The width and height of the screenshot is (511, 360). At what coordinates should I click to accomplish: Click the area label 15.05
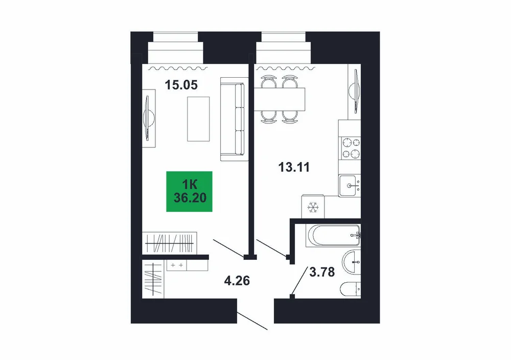pos(181,85)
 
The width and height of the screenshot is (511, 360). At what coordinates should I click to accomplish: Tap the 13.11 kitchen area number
pos(294,167)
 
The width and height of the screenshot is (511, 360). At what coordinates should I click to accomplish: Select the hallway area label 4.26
pos(237,280)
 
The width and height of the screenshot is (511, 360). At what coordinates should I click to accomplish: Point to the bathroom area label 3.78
pos(322,272)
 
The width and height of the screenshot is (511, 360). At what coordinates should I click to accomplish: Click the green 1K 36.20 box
pos(190,191)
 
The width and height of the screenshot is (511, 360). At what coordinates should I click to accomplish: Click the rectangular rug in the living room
pos(198,119)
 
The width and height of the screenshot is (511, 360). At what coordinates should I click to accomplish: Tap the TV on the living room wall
pos(149,118)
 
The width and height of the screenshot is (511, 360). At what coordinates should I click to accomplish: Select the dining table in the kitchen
pos(280,99)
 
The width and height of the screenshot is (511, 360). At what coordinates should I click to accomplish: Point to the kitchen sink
pos(350,186)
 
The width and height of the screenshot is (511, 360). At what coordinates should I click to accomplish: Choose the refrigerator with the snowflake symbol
pos(313,207)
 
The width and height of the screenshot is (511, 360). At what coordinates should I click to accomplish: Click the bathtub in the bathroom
pos(333,235)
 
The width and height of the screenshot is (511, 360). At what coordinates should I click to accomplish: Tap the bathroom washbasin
pos(352,262)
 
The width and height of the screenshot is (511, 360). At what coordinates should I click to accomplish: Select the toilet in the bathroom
pos(351,289)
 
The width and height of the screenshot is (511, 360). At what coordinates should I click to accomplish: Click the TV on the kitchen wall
pos(355,92)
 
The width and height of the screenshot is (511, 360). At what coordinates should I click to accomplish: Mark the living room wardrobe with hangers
pos(170,243)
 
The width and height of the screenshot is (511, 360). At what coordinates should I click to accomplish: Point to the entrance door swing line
pos(252,321)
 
